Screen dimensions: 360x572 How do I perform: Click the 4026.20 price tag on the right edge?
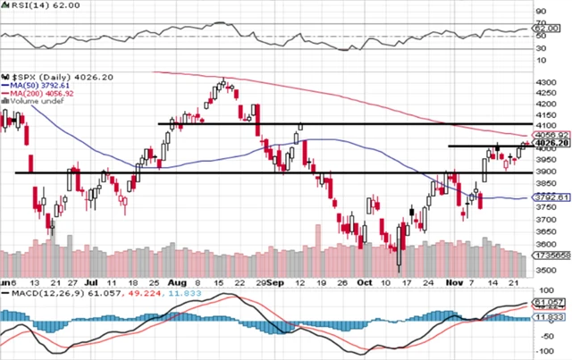[x=555, y=143]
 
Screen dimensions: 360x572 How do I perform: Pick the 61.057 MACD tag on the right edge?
[x=554, y=305]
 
